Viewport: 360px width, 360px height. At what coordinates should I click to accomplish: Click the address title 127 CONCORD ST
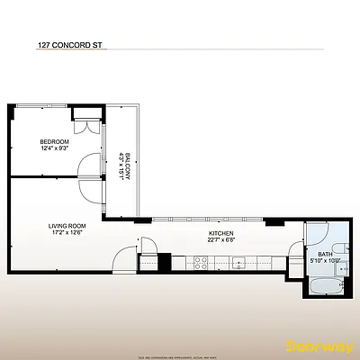[66, 41]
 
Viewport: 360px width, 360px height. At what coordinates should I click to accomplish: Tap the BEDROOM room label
[55, 141]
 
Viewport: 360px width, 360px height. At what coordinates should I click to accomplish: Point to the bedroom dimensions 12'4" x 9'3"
[55, 148]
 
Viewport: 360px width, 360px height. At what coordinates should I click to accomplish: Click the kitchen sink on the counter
[239, 263]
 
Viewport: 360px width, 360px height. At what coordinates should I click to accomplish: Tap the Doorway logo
[321, 346]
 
